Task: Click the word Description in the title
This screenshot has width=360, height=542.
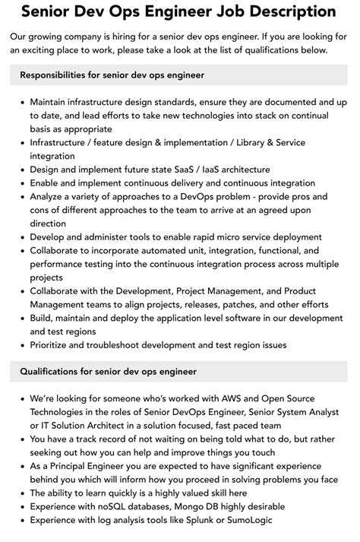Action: [x=261, y=13]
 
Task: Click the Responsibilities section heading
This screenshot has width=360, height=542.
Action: [x=112, y=75]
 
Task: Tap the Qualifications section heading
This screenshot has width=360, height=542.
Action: [x=109, y=372]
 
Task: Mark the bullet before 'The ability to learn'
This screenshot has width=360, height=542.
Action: [x=21, y=493]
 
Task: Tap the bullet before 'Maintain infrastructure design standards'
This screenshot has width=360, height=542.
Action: [x=21, y=102]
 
